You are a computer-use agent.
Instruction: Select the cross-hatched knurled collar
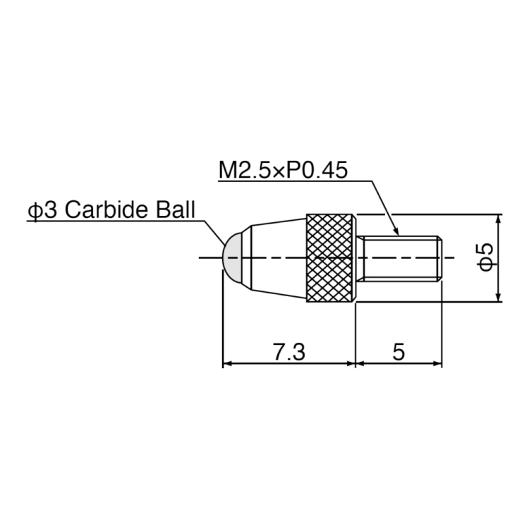coord(331,257)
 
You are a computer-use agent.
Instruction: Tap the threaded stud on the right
coord(401,258)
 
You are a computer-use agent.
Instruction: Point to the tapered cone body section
coord(279,257)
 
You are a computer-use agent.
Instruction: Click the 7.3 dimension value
coord(289,352)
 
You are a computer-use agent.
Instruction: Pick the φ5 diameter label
coord(486,257)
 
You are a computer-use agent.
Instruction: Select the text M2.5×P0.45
coord(283,170)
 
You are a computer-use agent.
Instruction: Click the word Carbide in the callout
coord(107,209)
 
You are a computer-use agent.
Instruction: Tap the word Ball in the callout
coord(175,209)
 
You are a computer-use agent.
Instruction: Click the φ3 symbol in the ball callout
coord(42,210)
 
